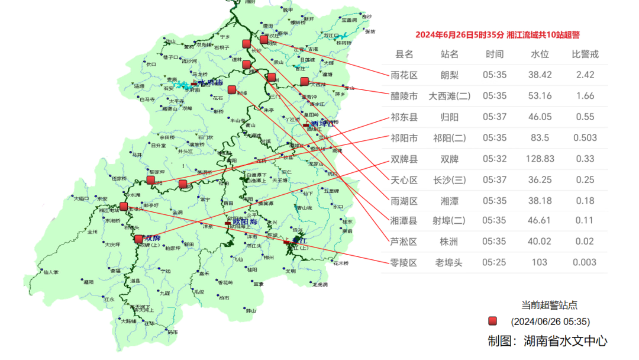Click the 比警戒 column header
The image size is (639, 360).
pos(585,54)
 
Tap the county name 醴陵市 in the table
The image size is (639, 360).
pos(404,96)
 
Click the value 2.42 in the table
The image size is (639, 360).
pos(585,75)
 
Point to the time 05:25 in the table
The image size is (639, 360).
pos(494,262)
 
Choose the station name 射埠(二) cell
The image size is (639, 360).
pos(449,221)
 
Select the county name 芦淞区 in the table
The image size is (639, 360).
pos(404,242)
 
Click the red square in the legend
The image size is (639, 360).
pos(492,321)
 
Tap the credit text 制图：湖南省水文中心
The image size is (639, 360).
pos(547,341)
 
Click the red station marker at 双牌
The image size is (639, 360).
pos(138,239)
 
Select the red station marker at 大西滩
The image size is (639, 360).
pos(304,81)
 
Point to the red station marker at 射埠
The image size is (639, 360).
pos(231,90)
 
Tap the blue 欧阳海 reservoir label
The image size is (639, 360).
pos(246,223)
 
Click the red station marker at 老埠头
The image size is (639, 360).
pos(124,207)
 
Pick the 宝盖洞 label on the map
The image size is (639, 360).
pos(349,20)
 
